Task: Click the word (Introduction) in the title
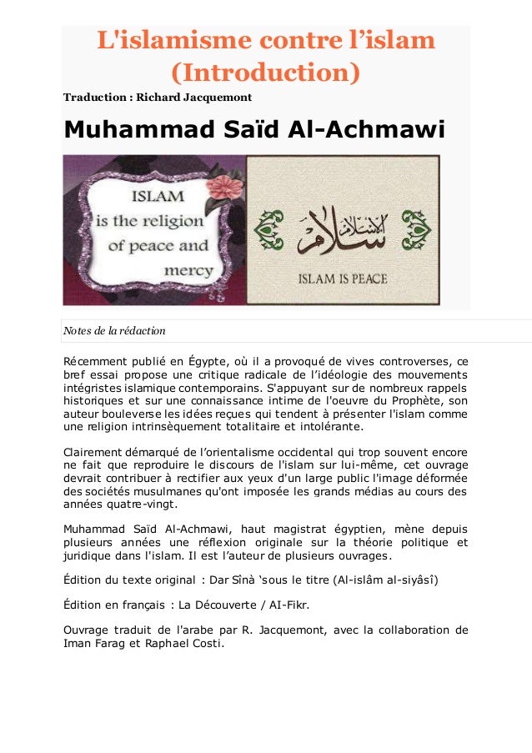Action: point(265,72)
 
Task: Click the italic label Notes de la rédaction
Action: point(114,331)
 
